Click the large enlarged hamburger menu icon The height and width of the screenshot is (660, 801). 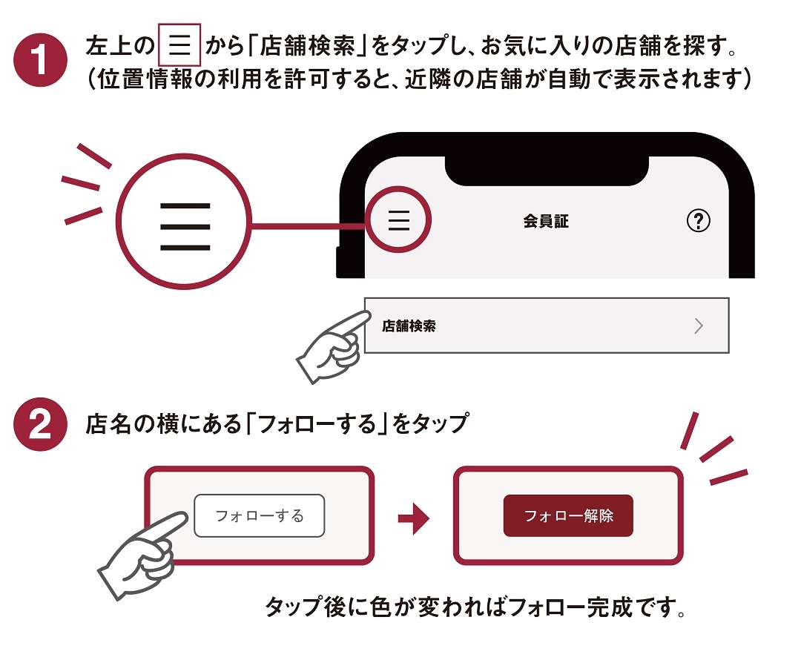coord(185,225)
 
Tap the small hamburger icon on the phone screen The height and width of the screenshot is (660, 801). coord(399,220)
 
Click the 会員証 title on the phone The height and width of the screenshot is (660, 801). coord(546,221)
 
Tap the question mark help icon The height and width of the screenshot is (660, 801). coord(698,220)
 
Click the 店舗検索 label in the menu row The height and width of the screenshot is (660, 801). coord(409,326)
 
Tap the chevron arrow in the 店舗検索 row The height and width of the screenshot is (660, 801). coord(698,326)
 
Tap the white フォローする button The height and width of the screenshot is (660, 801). coord(260,515)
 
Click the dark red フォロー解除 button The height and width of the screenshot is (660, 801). coord(568,515)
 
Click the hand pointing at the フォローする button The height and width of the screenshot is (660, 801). coord(145,552)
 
